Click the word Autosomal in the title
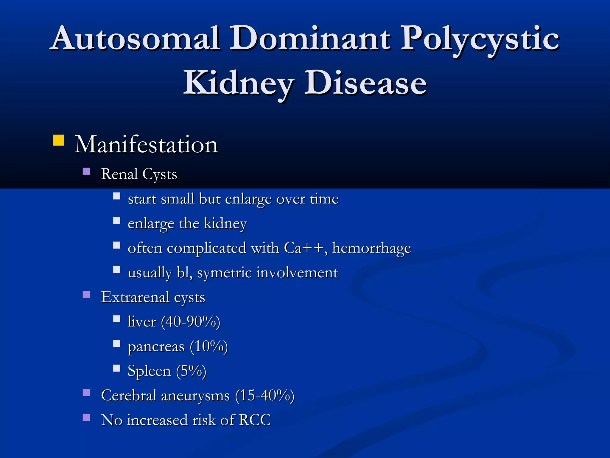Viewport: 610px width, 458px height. pos(136,39)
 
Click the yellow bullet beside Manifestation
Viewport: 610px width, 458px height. pos(58,140)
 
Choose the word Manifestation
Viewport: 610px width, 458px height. pos(146,145)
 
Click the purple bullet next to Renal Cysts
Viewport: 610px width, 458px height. pos(86,171)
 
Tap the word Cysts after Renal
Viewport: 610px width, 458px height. pos(160,174)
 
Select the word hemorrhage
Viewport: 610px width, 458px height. pos(371,248)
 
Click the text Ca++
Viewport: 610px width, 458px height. pos(304,248)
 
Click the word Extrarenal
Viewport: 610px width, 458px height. pos(135,297)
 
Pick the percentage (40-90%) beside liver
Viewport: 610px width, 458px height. pos(191,322)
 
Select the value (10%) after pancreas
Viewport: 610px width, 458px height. pos(209,346)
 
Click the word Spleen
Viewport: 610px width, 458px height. pos(149,371)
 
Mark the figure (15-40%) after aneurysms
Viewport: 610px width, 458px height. pos(264,396)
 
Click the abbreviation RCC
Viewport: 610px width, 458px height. pos(255,420)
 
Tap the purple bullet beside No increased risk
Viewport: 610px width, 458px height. pos(86,417)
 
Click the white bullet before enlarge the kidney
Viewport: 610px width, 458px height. pos(116,221)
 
